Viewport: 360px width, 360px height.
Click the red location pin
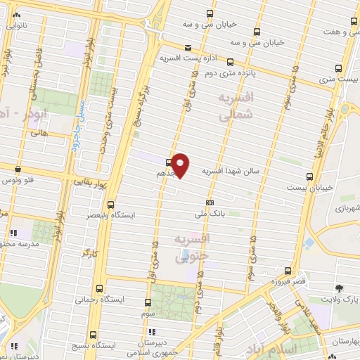click(181, 165)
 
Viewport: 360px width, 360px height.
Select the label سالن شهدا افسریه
click(231, 171)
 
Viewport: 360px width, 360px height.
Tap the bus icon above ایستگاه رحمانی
click(98, 288)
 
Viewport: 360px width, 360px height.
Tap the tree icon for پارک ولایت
click(340, 288)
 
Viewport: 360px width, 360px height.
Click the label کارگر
click(87, 251)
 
